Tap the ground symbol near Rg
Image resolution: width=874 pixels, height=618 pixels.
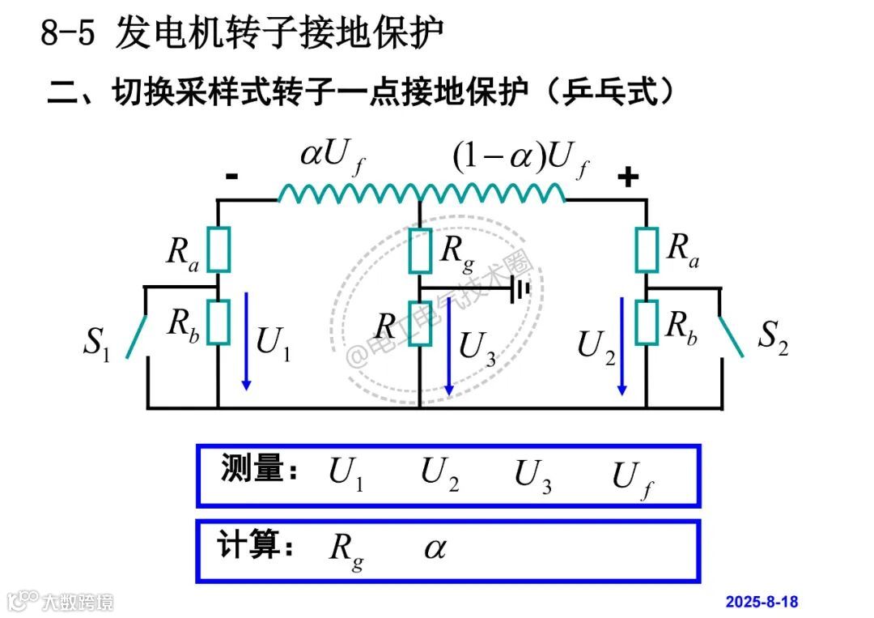520,289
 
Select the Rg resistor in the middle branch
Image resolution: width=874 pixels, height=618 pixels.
420,250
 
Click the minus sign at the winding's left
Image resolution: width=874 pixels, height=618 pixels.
231,176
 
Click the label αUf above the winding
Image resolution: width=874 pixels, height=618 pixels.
333,157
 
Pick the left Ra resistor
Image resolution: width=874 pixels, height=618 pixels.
218,249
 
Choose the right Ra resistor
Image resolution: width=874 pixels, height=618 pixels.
647,249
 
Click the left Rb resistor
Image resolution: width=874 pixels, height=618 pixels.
218,322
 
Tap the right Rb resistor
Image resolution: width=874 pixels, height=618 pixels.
647,322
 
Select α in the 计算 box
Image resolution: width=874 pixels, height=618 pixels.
435,549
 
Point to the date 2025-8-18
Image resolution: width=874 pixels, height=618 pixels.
762,602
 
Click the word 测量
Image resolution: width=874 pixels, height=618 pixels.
252,469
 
